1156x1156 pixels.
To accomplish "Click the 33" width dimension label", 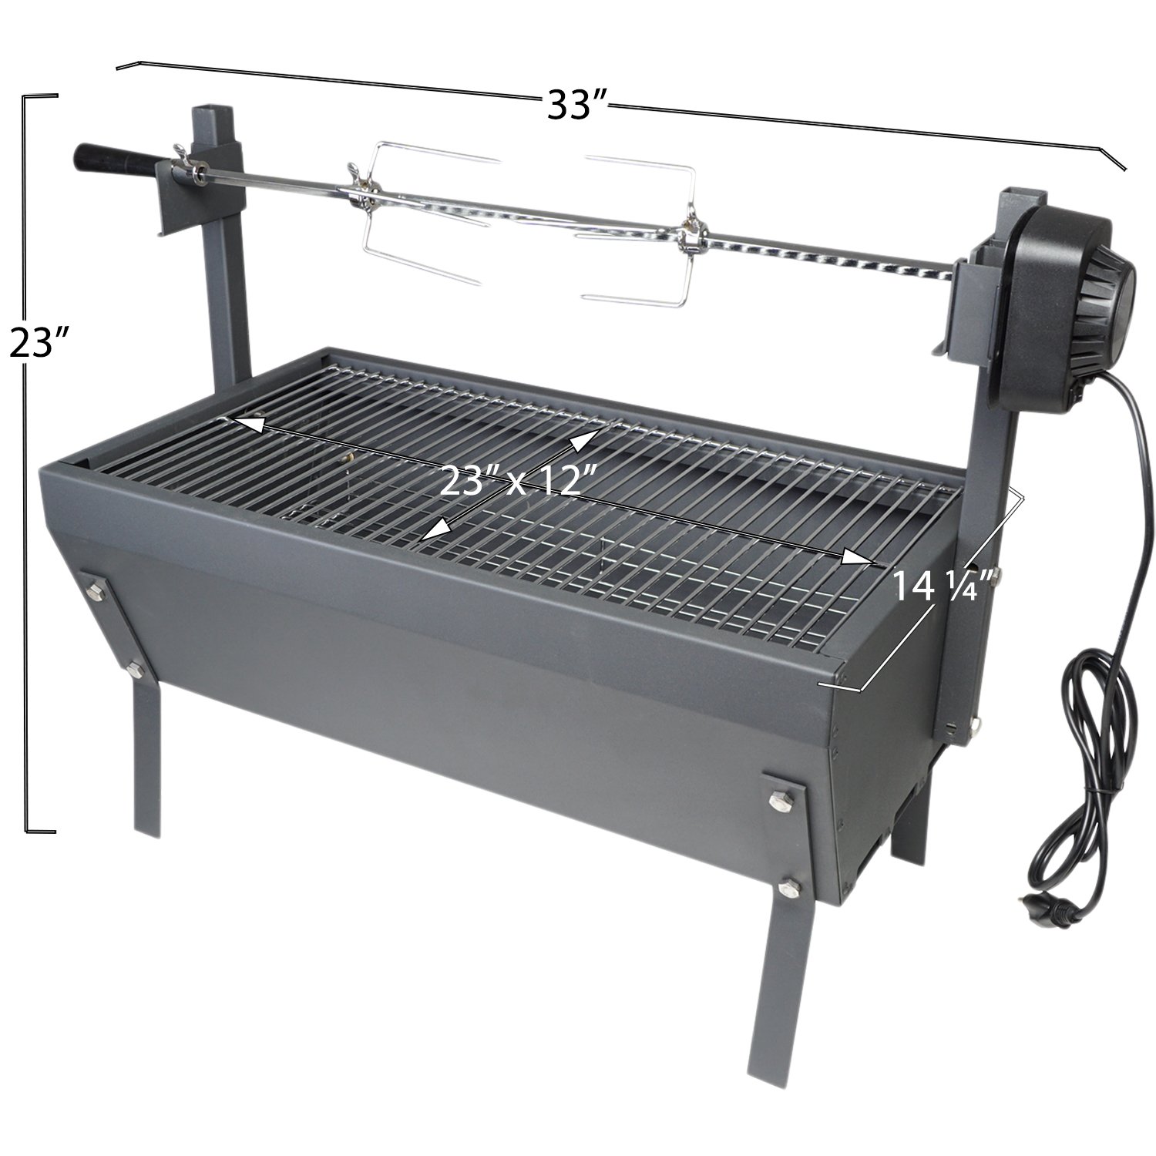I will coord(578,105).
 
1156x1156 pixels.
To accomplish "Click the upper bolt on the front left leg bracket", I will coord(96,591).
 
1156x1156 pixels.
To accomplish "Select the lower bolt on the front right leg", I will coord(787,889).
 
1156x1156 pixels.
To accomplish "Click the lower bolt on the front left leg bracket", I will coord(136,667).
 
